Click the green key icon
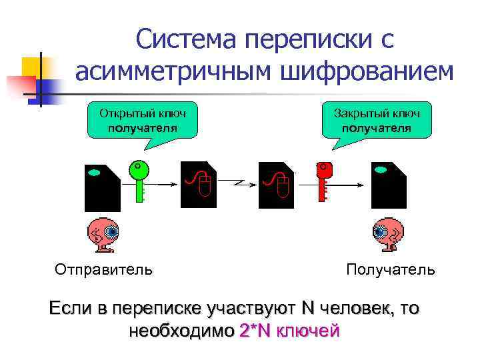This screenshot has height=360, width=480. pyautogui.click(x=139, y=177)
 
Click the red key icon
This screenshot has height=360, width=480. pyautogui.click(x=324, y=177)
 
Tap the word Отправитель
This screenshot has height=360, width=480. pyautogui.click(x=103, y=269)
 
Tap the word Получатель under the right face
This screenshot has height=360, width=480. pyautogui.click(x=391, y=269)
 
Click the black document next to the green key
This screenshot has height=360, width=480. pyautogui.click(x=102, y=187)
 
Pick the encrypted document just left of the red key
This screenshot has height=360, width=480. pyautogui.click(x=276, y=183)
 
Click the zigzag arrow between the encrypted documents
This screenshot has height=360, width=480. pyautogui.click(x=238, y=181)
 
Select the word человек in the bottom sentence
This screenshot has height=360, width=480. pyautogui.click(x=350, y=309)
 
